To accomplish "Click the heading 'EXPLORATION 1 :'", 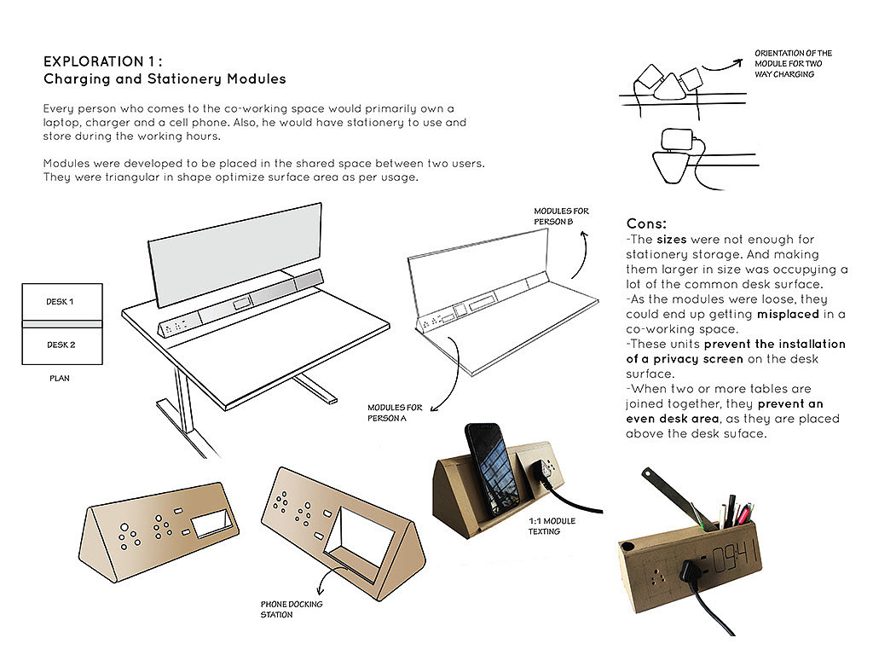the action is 103,61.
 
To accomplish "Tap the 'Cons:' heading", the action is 646,224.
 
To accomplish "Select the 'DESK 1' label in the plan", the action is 60,301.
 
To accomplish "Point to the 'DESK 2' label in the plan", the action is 61,345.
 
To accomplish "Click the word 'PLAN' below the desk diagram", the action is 60,378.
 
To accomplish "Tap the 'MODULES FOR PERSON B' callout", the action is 561,216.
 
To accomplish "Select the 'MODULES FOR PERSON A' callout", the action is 395,413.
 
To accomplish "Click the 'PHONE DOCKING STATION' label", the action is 292,609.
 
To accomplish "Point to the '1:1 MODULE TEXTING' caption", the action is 552,526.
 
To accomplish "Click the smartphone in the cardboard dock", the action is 491,469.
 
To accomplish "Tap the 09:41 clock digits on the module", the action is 736,557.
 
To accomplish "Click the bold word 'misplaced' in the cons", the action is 788,314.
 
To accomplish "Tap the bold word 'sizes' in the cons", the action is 672,240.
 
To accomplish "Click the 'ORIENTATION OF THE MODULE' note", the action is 794,63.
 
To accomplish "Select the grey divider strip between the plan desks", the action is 62,324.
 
